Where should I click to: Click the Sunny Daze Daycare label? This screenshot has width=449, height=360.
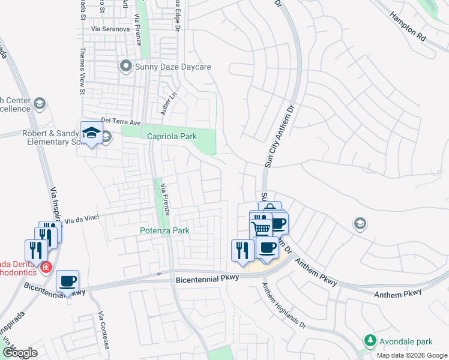(x=173, y=67)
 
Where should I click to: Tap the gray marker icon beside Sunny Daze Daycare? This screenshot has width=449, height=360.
(x=125, y=66)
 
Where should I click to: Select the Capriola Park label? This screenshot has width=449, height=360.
(x=172, y=137)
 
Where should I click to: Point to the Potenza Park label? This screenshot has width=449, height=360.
(x=164, y=230)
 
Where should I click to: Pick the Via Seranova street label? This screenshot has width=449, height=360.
(x=110, y=29)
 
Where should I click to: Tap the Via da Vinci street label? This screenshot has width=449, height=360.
(x=82, y=220)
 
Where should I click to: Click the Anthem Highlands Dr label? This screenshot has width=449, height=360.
(x=285, y=304)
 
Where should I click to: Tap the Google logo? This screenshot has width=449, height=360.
(x=20, y=353)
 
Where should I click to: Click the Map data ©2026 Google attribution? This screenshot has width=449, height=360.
(x=412, y=355)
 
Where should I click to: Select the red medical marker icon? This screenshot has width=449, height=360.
(x=45, y=268)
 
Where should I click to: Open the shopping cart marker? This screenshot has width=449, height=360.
(x=261, y=228)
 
